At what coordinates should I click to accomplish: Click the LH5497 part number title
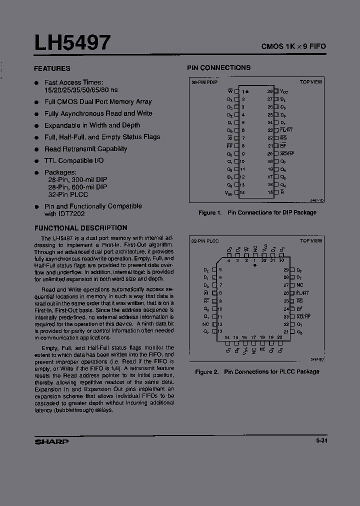pyautogui.click(x=72, y=43)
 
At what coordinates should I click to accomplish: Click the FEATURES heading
pyautogui.click(x=52, y=68)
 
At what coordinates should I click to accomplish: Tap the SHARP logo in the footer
pyautogui.click(x=51, y=441)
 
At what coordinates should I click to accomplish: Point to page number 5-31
pyautogui.click(x=321, y=441)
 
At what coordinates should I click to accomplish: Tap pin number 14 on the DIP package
pyautogui.click(x=242, y=192)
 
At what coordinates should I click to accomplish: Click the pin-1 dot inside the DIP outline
pyautogui.click(x=248, y=91)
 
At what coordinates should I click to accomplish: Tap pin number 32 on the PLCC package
pyautogui.click(x=263, y=260)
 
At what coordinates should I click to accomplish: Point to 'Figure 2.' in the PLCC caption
pyautogui.click(x=207, y=371)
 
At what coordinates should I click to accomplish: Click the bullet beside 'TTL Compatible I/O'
pyautogui.click(x=36, y=161)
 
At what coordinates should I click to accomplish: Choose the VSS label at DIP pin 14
pyautogui.click(x=228, y=192)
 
